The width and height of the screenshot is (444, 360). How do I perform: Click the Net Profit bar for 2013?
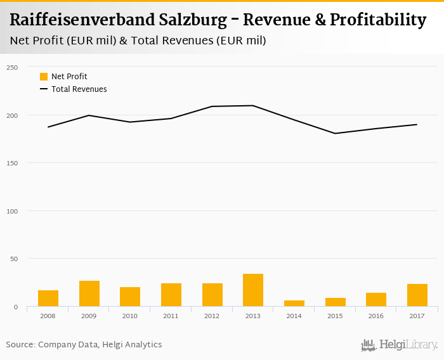(253, 290)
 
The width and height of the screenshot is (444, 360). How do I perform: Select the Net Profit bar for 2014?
(294, 304)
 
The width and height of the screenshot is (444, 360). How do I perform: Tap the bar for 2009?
(89, 293)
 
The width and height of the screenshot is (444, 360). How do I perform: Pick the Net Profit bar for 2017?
(417, 295)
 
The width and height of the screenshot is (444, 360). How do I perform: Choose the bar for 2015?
(335, 302)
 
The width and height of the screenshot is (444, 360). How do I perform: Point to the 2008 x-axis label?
(48, 315)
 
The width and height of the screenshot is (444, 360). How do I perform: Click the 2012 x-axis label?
(212, 315)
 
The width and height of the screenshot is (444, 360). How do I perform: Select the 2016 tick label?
(376, 315)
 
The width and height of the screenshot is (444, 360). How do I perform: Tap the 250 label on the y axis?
(12, 67)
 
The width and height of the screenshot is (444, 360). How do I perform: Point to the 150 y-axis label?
(12, 163)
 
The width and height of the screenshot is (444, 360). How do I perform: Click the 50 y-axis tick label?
(14, 259)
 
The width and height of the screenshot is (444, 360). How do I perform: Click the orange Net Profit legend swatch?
(44, 77)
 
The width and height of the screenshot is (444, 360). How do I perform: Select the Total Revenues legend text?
(79, 89)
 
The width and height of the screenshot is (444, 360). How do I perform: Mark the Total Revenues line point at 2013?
(253, 105)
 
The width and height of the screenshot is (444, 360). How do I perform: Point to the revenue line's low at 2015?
(335, 133)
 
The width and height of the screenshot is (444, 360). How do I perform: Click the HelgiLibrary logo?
(400, 345)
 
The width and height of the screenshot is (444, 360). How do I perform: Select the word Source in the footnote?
(20, 345)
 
